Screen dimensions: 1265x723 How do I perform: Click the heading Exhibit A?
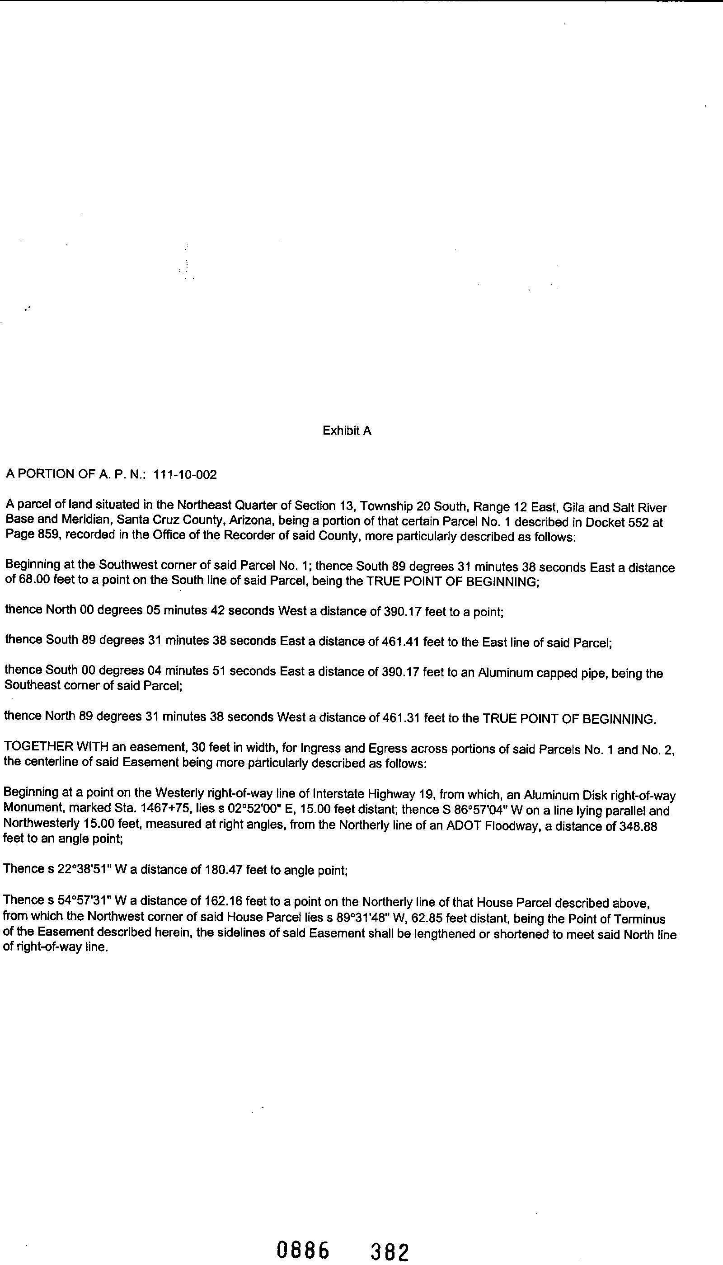point(347,431)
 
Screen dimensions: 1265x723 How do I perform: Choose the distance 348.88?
point(640,827)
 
